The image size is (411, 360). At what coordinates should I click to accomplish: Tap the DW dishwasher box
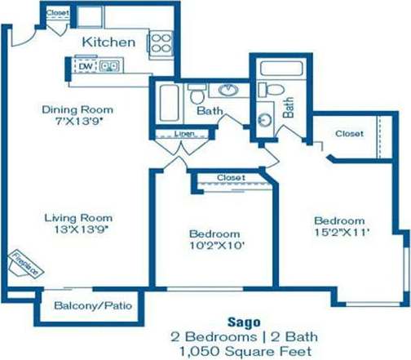[x=85, y=66]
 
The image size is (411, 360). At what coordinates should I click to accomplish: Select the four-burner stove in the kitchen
[x=160, y=42]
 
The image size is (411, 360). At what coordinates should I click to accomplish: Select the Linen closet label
[x=186, y=134]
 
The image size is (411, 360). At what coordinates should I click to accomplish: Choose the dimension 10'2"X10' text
[x=215, y=243]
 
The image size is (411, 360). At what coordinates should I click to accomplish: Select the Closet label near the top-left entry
[x=57, y=14]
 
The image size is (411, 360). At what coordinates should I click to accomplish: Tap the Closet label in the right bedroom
[x=349, y=133]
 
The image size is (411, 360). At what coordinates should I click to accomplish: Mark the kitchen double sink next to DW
[x=109, y=66]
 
